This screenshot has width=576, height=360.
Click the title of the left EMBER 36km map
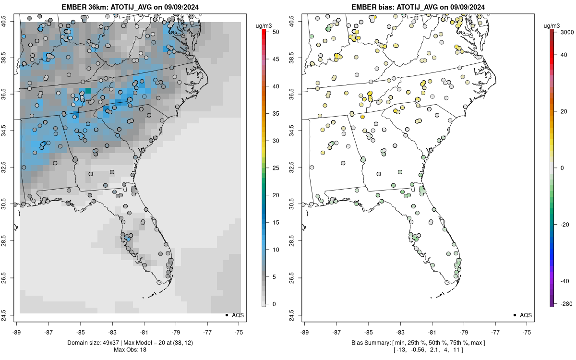tap(130, 7)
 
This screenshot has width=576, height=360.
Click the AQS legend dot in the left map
tap(226, 315)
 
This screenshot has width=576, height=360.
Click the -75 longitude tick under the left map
tap(239, 332)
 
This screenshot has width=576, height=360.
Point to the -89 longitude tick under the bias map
tap(304, 332)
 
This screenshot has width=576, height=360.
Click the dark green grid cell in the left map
tap(88, 91)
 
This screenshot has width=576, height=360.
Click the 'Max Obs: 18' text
tap(130, 350)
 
